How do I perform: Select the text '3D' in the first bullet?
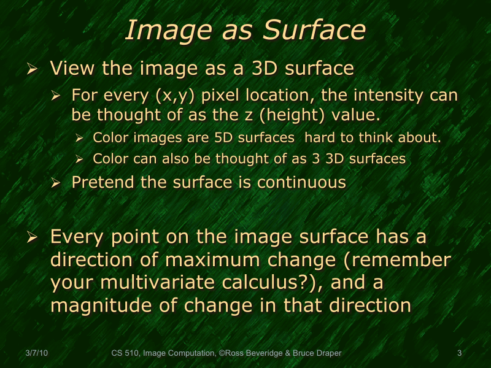click(266, 68)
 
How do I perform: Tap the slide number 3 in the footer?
click(460, 353)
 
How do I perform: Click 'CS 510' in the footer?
click(125, 353)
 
